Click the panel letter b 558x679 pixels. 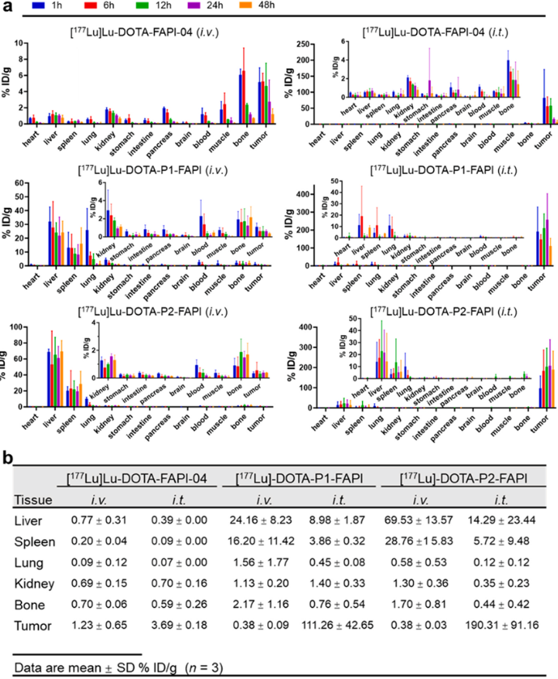(6, 459)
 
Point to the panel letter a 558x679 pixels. (6, 7)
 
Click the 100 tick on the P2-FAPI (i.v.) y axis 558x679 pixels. (36, 327)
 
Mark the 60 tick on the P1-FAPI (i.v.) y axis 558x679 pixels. (36, 183)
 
